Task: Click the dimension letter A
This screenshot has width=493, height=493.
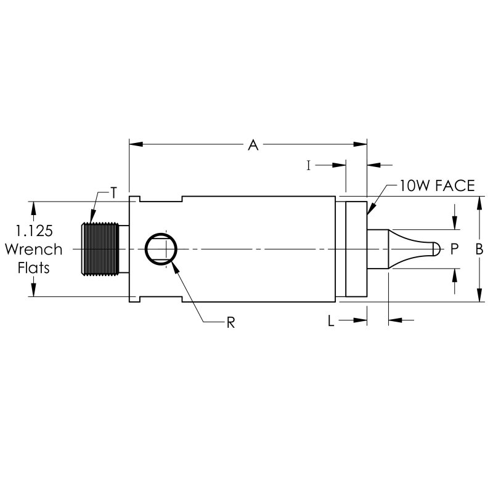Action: pos(252,145)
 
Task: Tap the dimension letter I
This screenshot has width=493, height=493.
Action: pos(309,165)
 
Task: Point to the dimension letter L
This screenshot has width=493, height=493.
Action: pos(331,320)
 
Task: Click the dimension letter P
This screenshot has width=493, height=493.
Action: pos(455,249)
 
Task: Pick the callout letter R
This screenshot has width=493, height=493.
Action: pos(230,322)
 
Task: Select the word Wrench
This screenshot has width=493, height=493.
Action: pos(34,250)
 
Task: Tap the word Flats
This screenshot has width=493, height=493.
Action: pos(34,269)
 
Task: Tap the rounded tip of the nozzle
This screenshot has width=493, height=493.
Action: pos(436,249)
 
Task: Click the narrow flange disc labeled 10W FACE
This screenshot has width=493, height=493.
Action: pos(356,249)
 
